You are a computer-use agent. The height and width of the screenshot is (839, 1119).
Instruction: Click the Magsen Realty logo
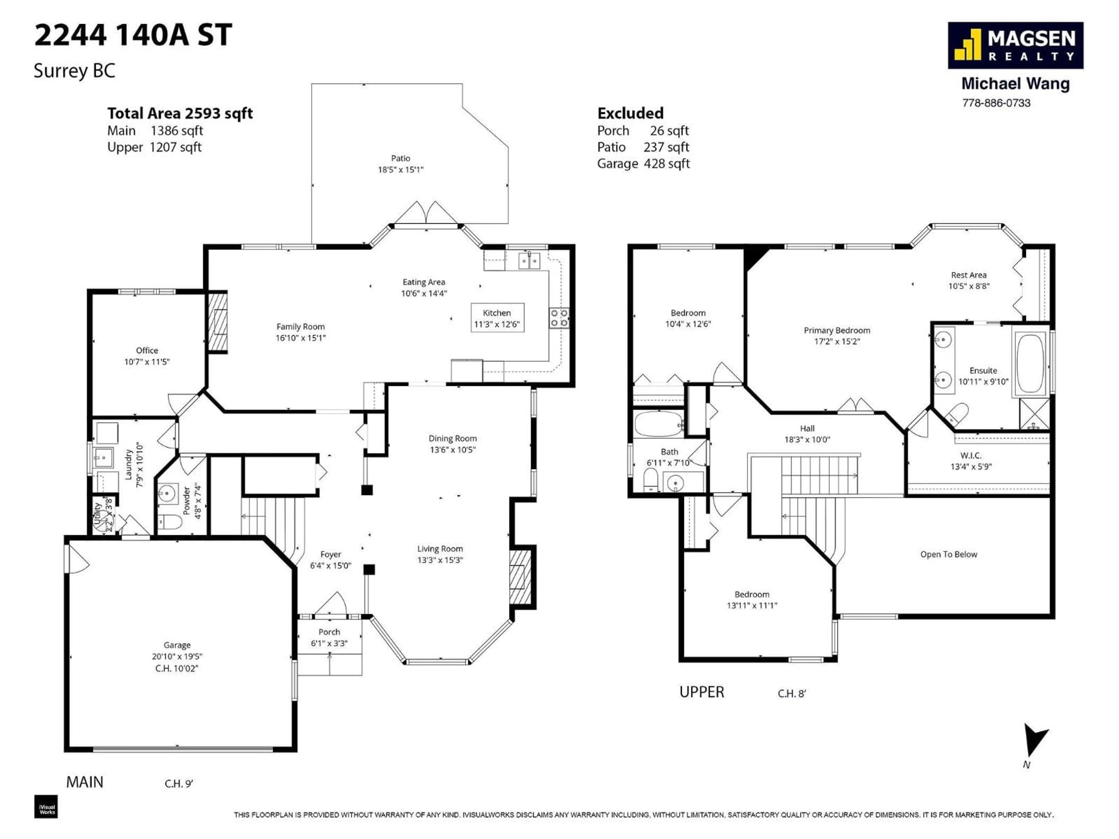(x=1015, y=45)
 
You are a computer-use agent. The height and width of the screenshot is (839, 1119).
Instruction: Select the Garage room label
(x=177, y=645)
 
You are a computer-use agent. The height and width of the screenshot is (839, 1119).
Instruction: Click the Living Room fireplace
(x=520, y=577)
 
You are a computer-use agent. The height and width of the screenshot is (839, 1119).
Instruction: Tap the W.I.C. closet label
(x=970, y=456)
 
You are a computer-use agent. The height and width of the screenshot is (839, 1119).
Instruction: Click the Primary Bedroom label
(x=837, y=331)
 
